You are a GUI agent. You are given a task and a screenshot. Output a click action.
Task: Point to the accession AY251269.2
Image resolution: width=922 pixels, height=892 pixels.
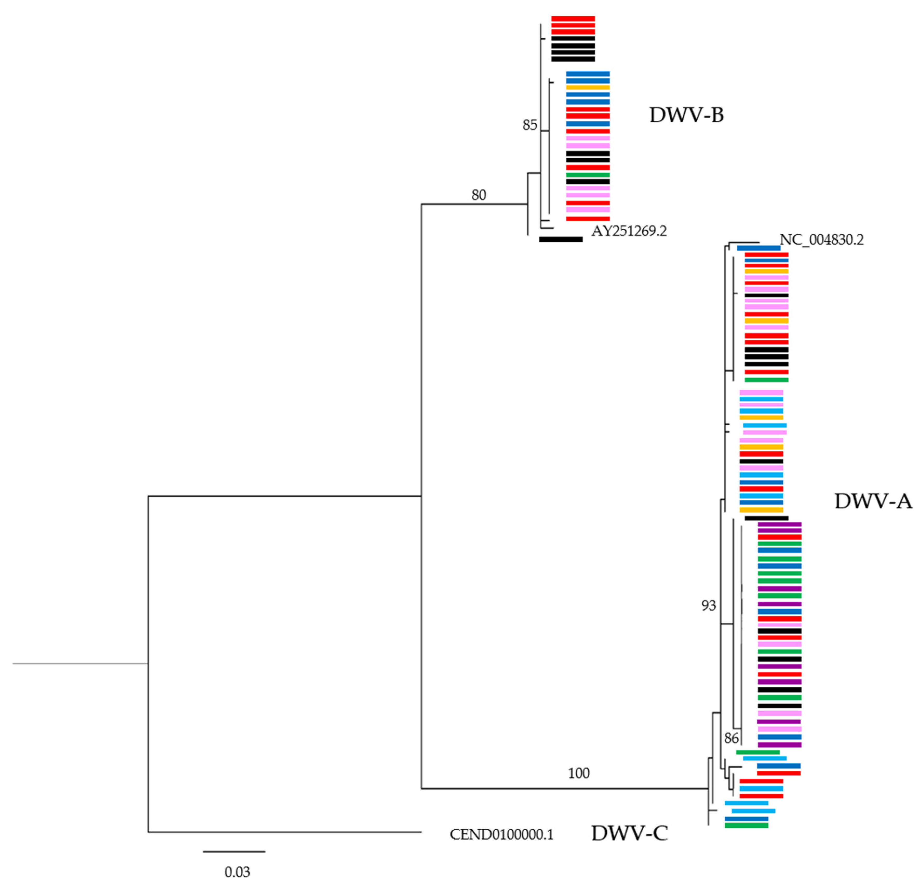tap(629, 231)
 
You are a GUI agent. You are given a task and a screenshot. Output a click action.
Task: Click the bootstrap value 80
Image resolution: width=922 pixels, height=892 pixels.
tap(479, 195)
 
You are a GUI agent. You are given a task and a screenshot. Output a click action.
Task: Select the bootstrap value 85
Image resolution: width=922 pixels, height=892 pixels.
tap(530, 125)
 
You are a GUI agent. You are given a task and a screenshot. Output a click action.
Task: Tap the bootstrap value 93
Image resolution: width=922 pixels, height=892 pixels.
tap(708, 606)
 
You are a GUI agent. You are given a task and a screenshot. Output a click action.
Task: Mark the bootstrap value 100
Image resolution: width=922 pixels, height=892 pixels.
tap(578, 773)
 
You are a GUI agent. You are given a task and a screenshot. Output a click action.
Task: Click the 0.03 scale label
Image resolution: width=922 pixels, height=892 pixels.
tap(237, 872)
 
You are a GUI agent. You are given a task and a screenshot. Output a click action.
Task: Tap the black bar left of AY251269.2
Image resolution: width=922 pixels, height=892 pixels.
tap(561, 239)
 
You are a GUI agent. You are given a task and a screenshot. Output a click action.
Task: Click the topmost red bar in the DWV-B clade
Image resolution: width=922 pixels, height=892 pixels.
tap(573, 19)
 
